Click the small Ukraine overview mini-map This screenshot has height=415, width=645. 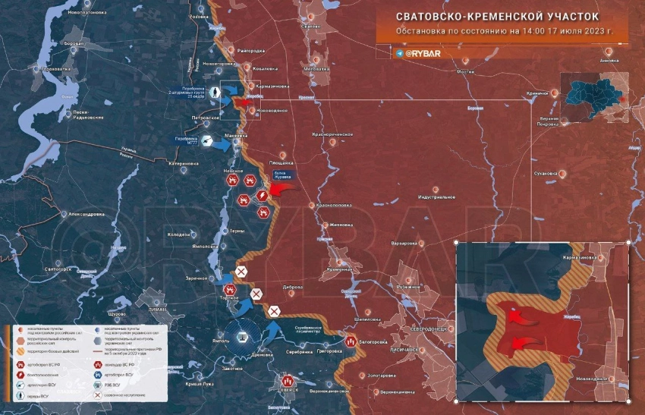pos(594,96)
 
